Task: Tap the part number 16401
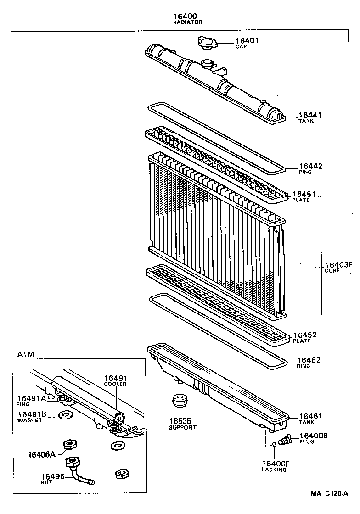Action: tap(247, 40)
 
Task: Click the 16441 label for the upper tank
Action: tap(310, 115)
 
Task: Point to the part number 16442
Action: tap(310, 166)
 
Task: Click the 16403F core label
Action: tap(337, 265)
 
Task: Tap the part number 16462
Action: tap(309, 361)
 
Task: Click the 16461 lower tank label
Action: tap(310, 416)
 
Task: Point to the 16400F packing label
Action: tap(276, 464)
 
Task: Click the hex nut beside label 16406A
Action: tap(69, 444)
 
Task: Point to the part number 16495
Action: tap(53, 476)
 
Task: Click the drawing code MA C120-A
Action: tap(329, 494)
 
